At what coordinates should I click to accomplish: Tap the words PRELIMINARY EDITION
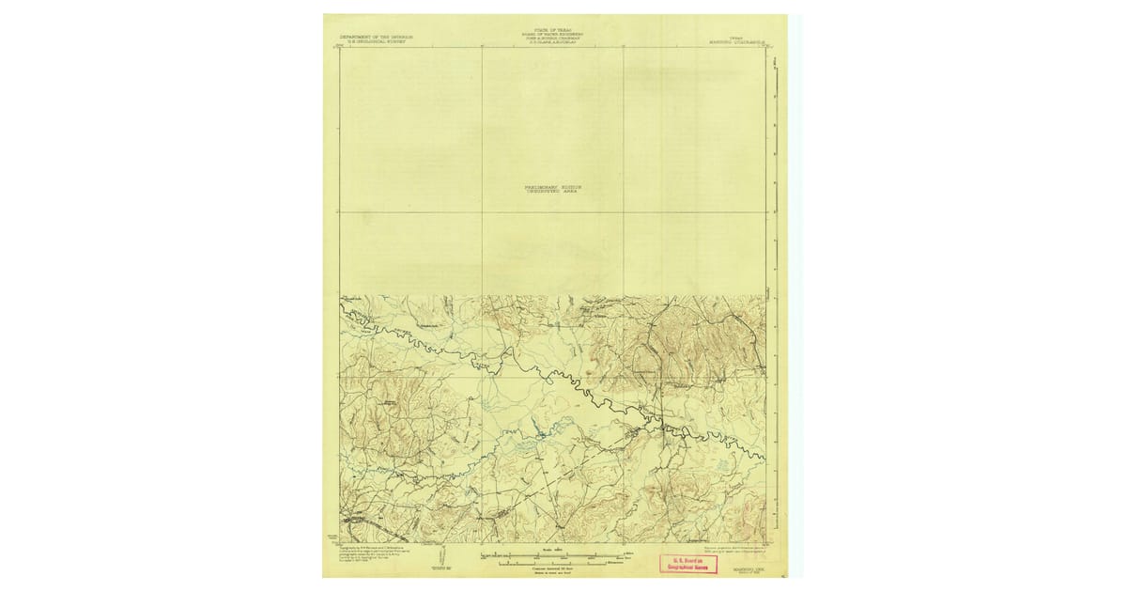click(x=553, y=187)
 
